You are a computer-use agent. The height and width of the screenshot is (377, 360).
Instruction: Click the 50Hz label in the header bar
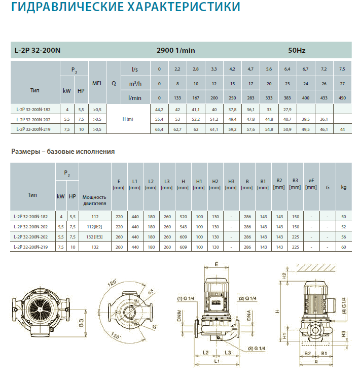click(297, 50)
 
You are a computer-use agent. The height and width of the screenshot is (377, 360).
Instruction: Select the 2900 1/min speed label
click(175, 50)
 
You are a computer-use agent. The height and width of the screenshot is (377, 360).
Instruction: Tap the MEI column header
click(97, 83)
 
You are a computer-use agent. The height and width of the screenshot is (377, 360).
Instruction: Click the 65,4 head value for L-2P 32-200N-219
click(159, 129)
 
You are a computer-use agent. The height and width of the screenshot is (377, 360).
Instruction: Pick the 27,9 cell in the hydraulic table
click(287, 110)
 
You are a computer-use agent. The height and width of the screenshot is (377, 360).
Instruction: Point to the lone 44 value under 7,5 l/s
click(342, 129)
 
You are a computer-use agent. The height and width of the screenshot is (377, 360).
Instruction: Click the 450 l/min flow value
click(342, 98)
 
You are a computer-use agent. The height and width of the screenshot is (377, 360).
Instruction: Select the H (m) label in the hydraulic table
click(128, 119)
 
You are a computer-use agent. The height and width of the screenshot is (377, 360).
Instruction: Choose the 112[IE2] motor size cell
click(95, 227)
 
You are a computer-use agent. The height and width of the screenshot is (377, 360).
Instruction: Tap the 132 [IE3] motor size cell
click(95, 237)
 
